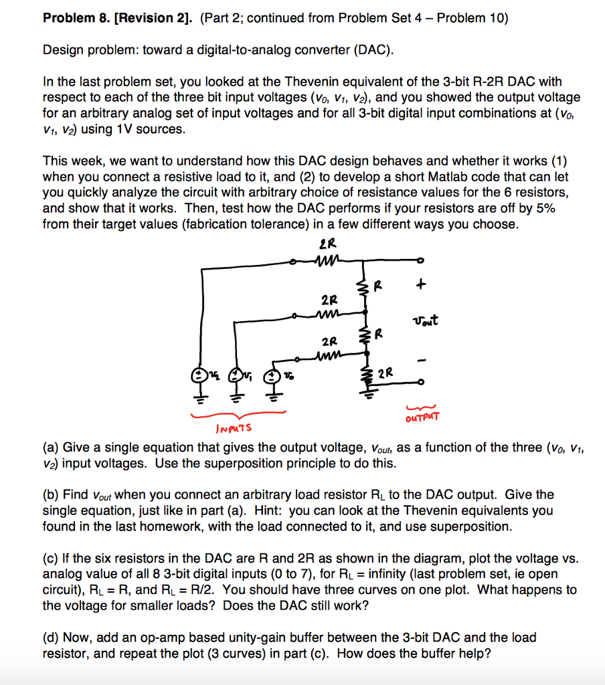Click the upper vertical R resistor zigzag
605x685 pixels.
coord(365,288)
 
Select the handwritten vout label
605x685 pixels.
coord(424,320)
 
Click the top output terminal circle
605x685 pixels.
coord(420,261)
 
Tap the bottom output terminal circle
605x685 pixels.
coord(419,383)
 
